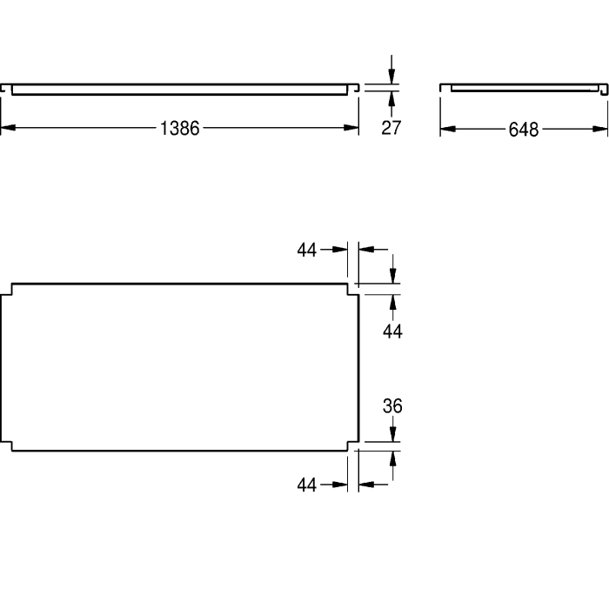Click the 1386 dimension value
[x=180, y=128]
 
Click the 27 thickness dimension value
[x=391, y=128]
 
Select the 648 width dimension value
[x=524, y=130]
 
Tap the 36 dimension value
[x=392, y=406]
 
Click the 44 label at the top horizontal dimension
[x=307, y=250]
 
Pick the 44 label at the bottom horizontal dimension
[x=307, y=485]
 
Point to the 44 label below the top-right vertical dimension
[x=392, y=331]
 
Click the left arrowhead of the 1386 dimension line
[x=8, y=127]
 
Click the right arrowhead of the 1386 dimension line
[x=351, y=127]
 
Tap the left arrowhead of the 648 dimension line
[x=448, y=129]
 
